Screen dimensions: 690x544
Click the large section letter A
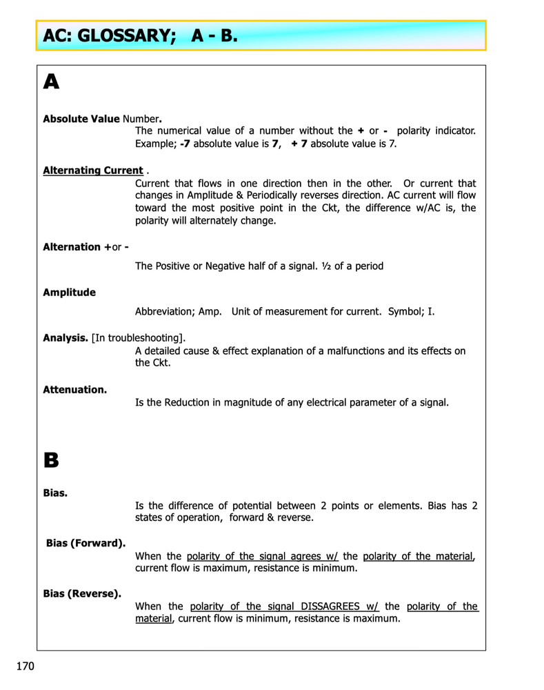point(51,83)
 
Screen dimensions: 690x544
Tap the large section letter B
point(51,460)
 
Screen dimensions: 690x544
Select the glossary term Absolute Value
point(81,119)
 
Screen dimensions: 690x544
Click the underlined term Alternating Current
point(93,170)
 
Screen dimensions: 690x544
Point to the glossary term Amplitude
point(70,293)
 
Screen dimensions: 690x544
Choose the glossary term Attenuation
point(75,390)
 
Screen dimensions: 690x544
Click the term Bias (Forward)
point(85,543)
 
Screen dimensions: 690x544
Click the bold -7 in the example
point(185,144)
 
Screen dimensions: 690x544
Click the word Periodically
point(272,196)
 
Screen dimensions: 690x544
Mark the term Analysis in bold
point(66,337)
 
